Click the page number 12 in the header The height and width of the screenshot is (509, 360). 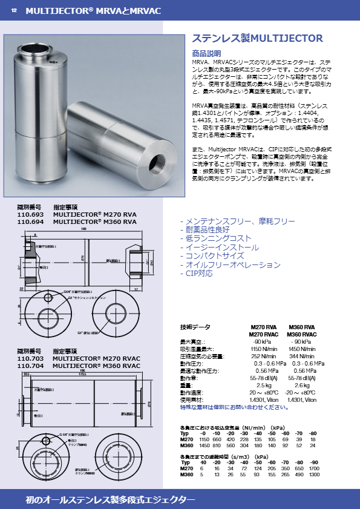pyautogui.click(x=14, y=10)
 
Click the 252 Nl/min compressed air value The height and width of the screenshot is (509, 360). pyautogui.click(x=264, y=356)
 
